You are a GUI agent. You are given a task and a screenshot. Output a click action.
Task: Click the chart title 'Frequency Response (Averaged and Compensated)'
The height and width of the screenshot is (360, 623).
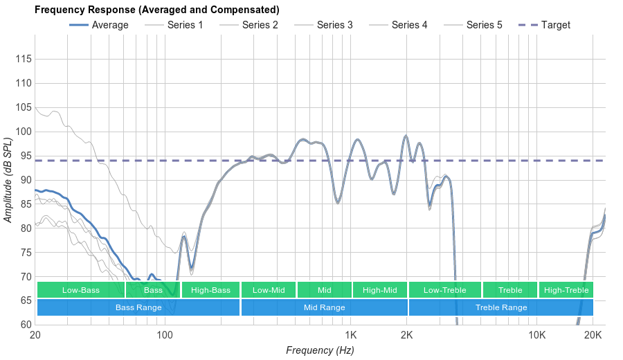[x=156, y=10]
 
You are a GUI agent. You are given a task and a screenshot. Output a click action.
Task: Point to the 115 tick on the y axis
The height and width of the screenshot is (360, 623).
[x=23, y=60]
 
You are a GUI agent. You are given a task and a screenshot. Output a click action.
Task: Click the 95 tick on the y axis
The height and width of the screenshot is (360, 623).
[x=23, y=156]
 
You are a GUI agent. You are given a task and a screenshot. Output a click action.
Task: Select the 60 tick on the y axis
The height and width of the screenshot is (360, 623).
[x=23, y=324]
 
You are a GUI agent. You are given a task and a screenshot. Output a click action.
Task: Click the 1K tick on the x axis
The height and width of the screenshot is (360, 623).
[x=350, y=335]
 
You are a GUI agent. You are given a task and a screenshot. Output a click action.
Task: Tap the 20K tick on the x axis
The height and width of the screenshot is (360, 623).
[x=593, y=335]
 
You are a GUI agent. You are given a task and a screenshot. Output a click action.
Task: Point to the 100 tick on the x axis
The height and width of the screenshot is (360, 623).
[x=165, y=335]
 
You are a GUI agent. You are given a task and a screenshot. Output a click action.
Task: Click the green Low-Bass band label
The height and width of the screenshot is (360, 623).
[x=80, y=290]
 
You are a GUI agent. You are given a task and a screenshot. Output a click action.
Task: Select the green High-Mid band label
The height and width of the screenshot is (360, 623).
[x=379, y=290]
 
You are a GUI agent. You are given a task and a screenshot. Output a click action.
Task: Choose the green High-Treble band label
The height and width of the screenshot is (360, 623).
[x=566, y=290]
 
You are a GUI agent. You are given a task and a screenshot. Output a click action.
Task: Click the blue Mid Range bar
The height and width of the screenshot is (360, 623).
[x=324, y=307]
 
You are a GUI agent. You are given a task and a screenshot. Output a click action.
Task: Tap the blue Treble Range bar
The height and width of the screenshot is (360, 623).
[x=501, y=307]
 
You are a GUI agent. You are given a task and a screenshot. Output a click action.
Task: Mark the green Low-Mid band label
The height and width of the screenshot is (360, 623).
[x=269, y=290]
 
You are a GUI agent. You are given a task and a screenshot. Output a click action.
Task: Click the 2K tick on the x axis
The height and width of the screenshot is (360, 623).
[x=407, y=335]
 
